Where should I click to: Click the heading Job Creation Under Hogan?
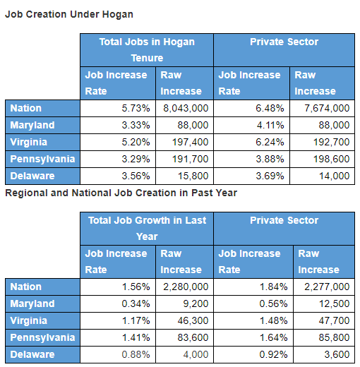tap(69, 14)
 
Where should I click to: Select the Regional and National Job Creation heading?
tap(121, 193)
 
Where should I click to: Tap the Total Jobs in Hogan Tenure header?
tap(147, 50)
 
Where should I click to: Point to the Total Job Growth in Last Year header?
tap(147, 229)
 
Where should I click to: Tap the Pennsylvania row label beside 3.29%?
tap(42, 160)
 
